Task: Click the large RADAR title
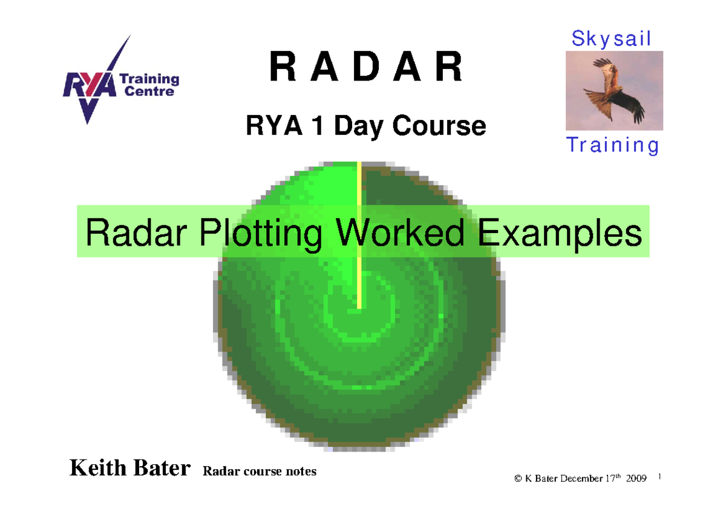click(365, 68)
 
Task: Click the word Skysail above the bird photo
click(612, 39)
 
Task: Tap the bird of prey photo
click(614, 90)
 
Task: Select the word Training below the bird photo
click(612, 146)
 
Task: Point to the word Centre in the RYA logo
click(149, 92)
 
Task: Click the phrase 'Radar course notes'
click(260, 471)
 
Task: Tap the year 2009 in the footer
click(636, 479)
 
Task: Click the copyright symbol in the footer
click(518, 479)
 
